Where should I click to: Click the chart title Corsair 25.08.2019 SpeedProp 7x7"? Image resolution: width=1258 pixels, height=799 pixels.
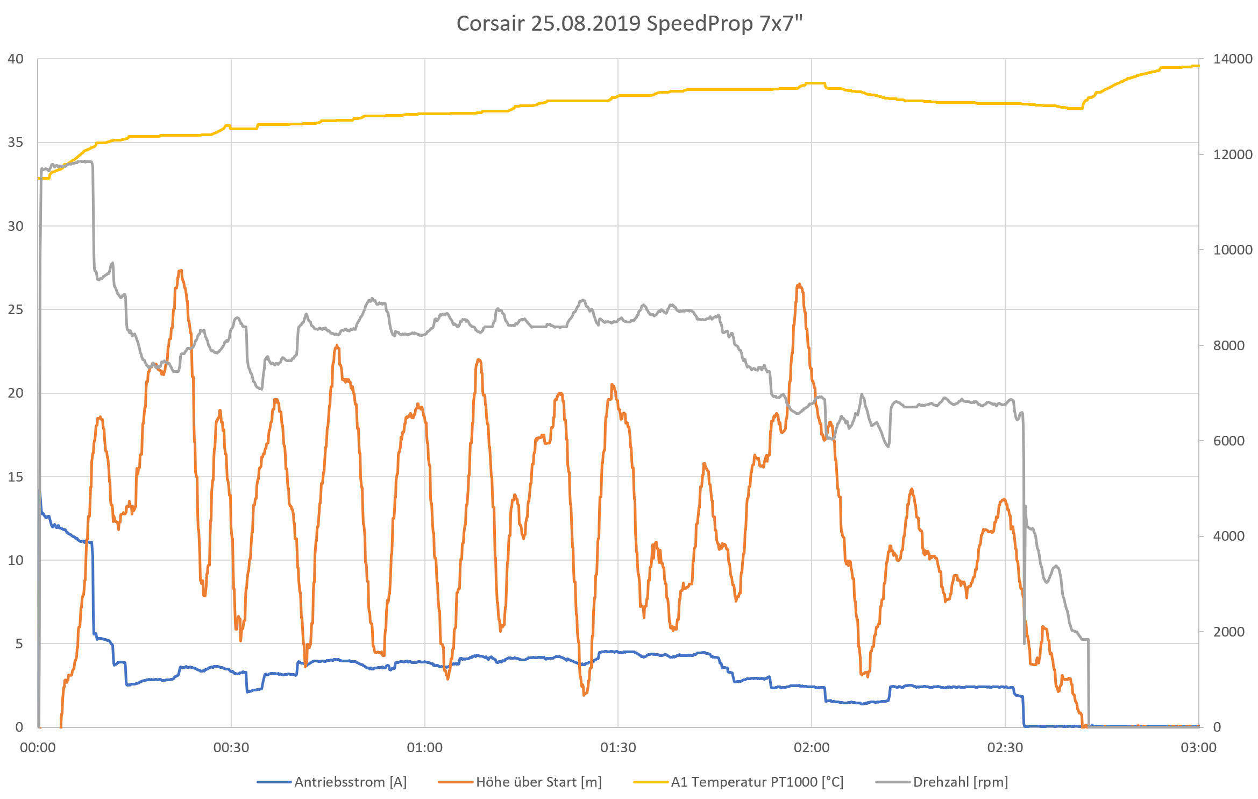click(629, 24)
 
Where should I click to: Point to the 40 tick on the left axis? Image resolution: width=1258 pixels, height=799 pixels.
click(16, 59)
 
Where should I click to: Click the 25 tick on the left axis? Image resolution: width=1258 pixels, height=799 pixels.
click(16, 309)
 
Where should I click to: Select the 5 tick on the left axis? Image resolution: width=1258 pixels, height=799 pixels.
click(19, 644)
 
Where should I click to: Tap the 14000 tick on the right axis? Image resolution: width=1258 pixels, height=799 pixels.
click(1233, 59)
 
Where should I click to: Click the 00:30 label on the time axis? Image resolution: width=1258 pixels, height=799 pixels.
click(231, 747)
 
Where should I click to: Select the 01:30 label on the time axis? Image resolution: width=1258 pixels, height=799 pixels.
click(618, 747)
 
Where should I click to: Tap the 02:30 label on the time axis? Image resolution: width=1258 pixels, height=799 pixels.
click(1005, 747)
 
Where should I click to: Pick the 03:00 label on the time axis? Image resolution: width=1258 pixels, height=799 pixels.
click(1198, 747)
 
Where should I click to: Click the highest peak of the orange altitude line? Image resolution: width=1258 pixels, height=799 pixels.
click(180, 271)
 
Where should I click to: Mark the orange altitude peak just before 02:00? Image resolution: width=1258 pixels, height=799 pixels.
click(799, 284)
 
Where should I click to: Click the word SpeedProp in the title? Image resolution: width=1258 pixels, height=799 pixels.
click(699, 24)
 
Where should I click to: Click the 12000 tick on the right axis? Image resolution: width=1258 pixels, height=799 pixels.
click(1233, 154)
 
